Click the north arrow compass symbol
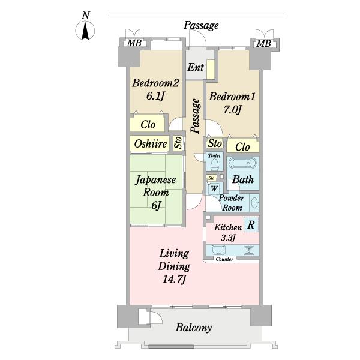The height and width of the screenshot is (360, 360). (x=85, y=30)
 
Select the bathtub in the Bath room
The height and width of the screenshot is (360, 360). (x=242, y=163)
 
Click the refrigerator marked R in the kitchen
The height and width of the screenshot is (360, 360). (x=251, y=224)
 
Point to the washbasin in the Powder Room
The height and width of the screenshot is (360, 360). (x=255, y=203)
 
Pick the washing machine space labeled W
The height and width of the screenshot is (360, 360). (x=214, y=189)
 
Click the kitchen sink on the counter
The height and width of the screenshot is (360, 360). (x=218, y=250)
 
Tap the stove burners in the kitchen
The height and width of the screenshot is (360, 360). (x=248, y=250)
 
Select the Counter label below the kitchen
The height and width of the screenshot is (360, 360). (x=224, y=259)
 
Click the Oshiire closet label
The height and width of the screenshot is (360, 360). (x=151, y=144)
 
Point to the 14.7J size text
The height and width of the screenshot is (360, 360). (x=174, y=280)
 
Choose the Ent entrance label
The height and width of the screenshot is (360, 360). (x=196, y=67)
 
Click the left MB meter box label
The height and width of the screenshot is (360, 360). (x=134, y=43)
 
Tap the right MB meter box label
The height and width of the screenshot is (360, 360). (x=264, y=43)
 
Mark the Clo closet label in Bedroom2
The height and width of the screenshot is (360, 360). (x=148, y=125)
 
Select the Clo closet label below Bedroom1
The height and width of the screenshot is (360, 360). (x=242, y=147)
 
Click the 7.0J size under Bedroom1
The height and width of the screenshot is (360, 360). (x=232, y=110)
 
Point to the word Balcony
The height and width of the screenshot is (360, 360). (x=194, y=328)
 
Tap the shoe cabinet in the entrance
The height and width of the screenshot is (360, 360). (x=211, y=70)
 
